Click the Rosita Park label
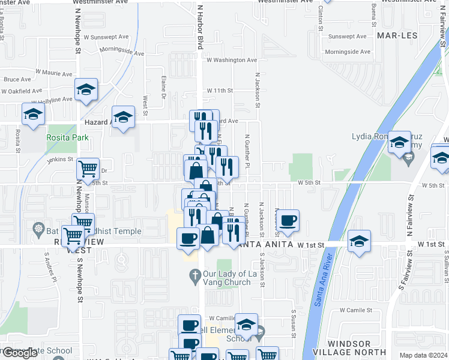point(68,137)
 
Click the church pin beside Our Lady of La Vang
point(194,276)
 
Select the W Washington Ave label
point(232,60)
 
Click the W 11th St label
point(219,91)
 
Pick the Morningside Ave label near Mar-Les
point(348,52)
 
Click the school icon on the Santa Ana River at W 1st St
point(359,241)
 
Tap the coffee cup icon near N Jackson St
point(288,220)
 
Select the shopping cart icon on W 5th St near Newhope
point(88,169)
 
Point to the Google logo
point(20,353)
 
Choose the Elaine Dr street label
point(163,84)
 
